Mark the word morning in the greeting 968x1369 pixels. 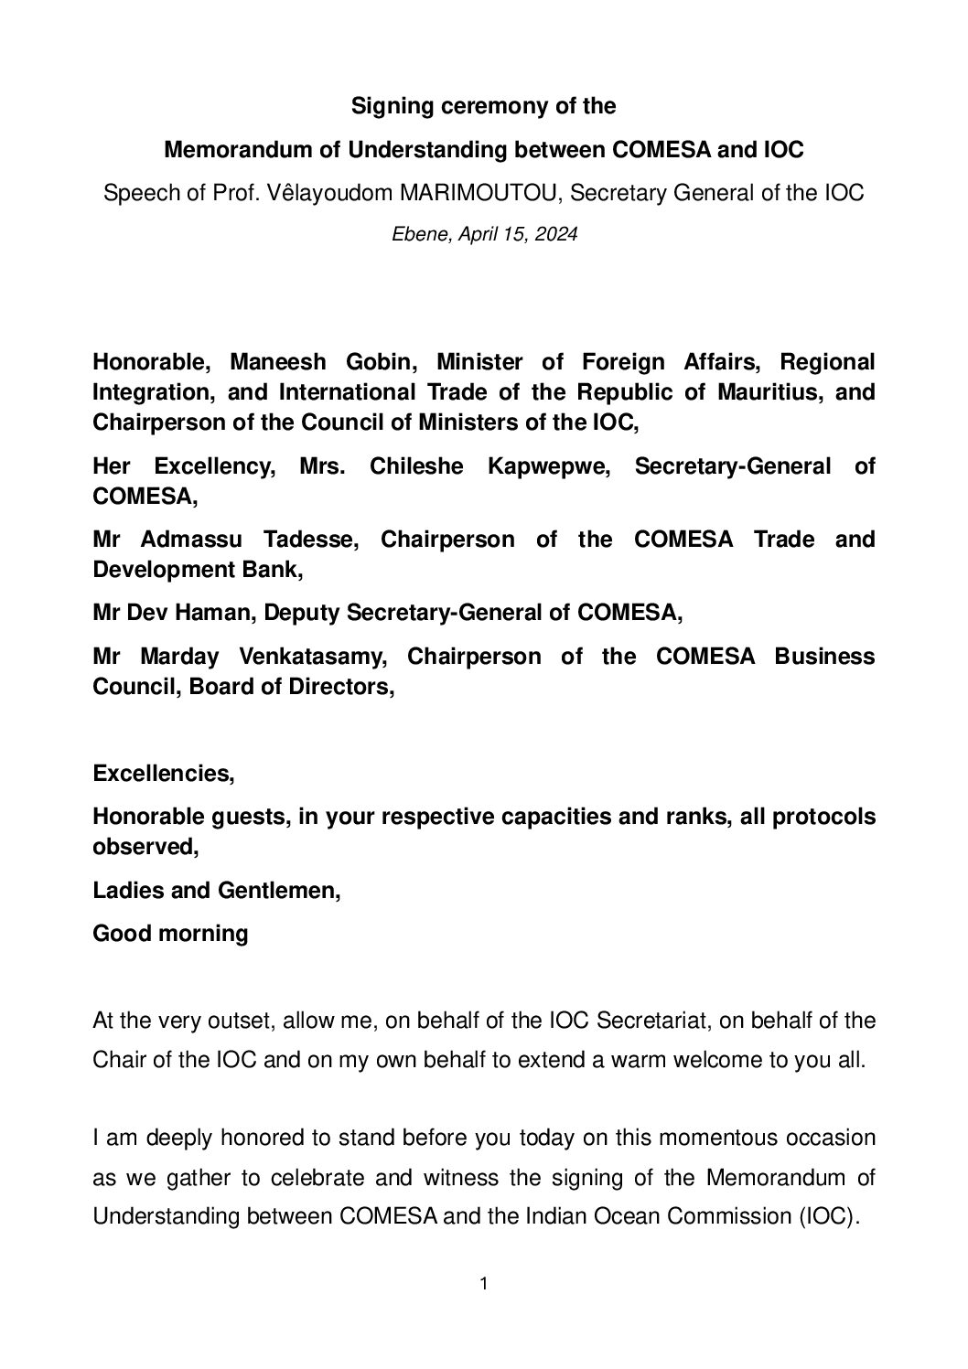[x=206, y=934]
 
